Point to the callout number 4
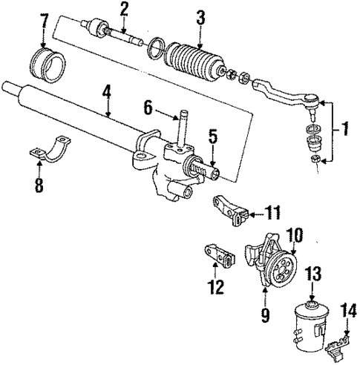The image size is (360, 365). coord(107,93)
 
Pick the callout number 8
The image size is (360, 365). coord(39,183)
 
